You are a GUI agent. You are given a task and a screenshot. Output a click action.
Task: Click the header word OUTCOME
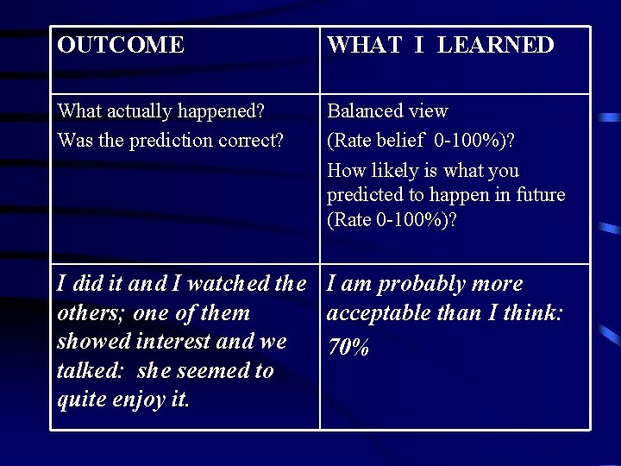[x=120, y=45]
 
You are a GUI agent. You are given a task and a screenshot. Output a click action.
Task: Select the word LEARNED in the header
[x=495, y=45]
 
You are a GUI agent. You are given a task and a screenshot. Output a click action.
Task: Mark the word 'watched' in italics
[x=227, y=283]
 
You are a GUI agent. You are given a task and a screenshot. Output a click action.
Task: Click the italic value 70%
[x=349, y=347]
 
